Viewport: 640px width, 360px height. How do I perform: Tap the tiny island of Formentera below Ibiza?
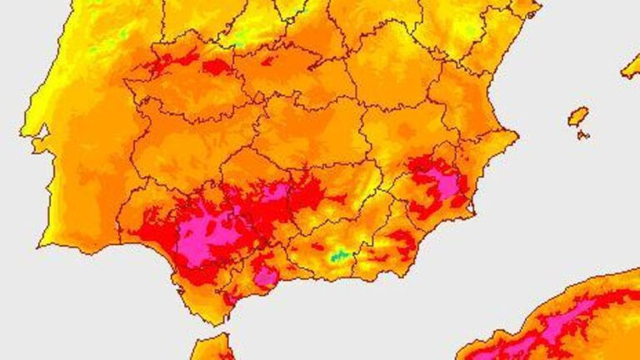click(584, 135)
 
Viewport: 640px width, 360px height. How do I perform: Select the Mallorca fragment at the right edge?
click(632, 67)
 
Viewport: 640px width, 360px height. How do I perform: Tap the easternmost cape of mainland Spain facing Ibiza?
click(517, 134)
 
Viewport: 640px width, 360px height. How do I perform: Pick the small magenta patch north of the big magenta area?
click(275, 192)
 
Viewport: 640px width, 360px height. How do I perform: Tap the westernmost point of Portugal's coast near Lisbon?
click(22, 133)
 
